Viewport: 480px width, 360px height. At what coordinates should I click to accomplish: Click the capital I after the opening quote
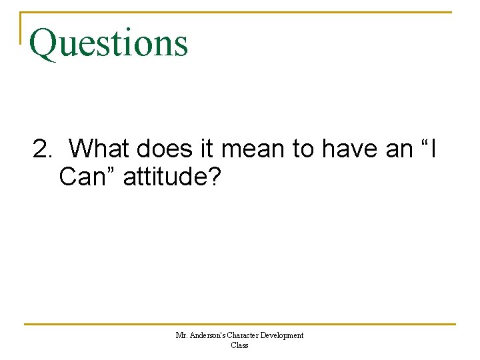click(434, 149)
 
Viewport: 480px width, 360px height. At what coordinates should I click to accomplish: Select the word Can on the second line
click(81, 177)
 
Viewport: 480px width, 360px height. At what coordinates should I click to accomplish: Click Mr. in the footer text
click(181, 335)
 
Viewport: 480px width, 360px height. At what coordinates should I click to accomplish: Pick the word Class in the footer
click(239, 345)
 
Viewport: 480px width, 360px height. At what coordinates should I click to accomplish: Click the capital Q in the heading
click(43, 43)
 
